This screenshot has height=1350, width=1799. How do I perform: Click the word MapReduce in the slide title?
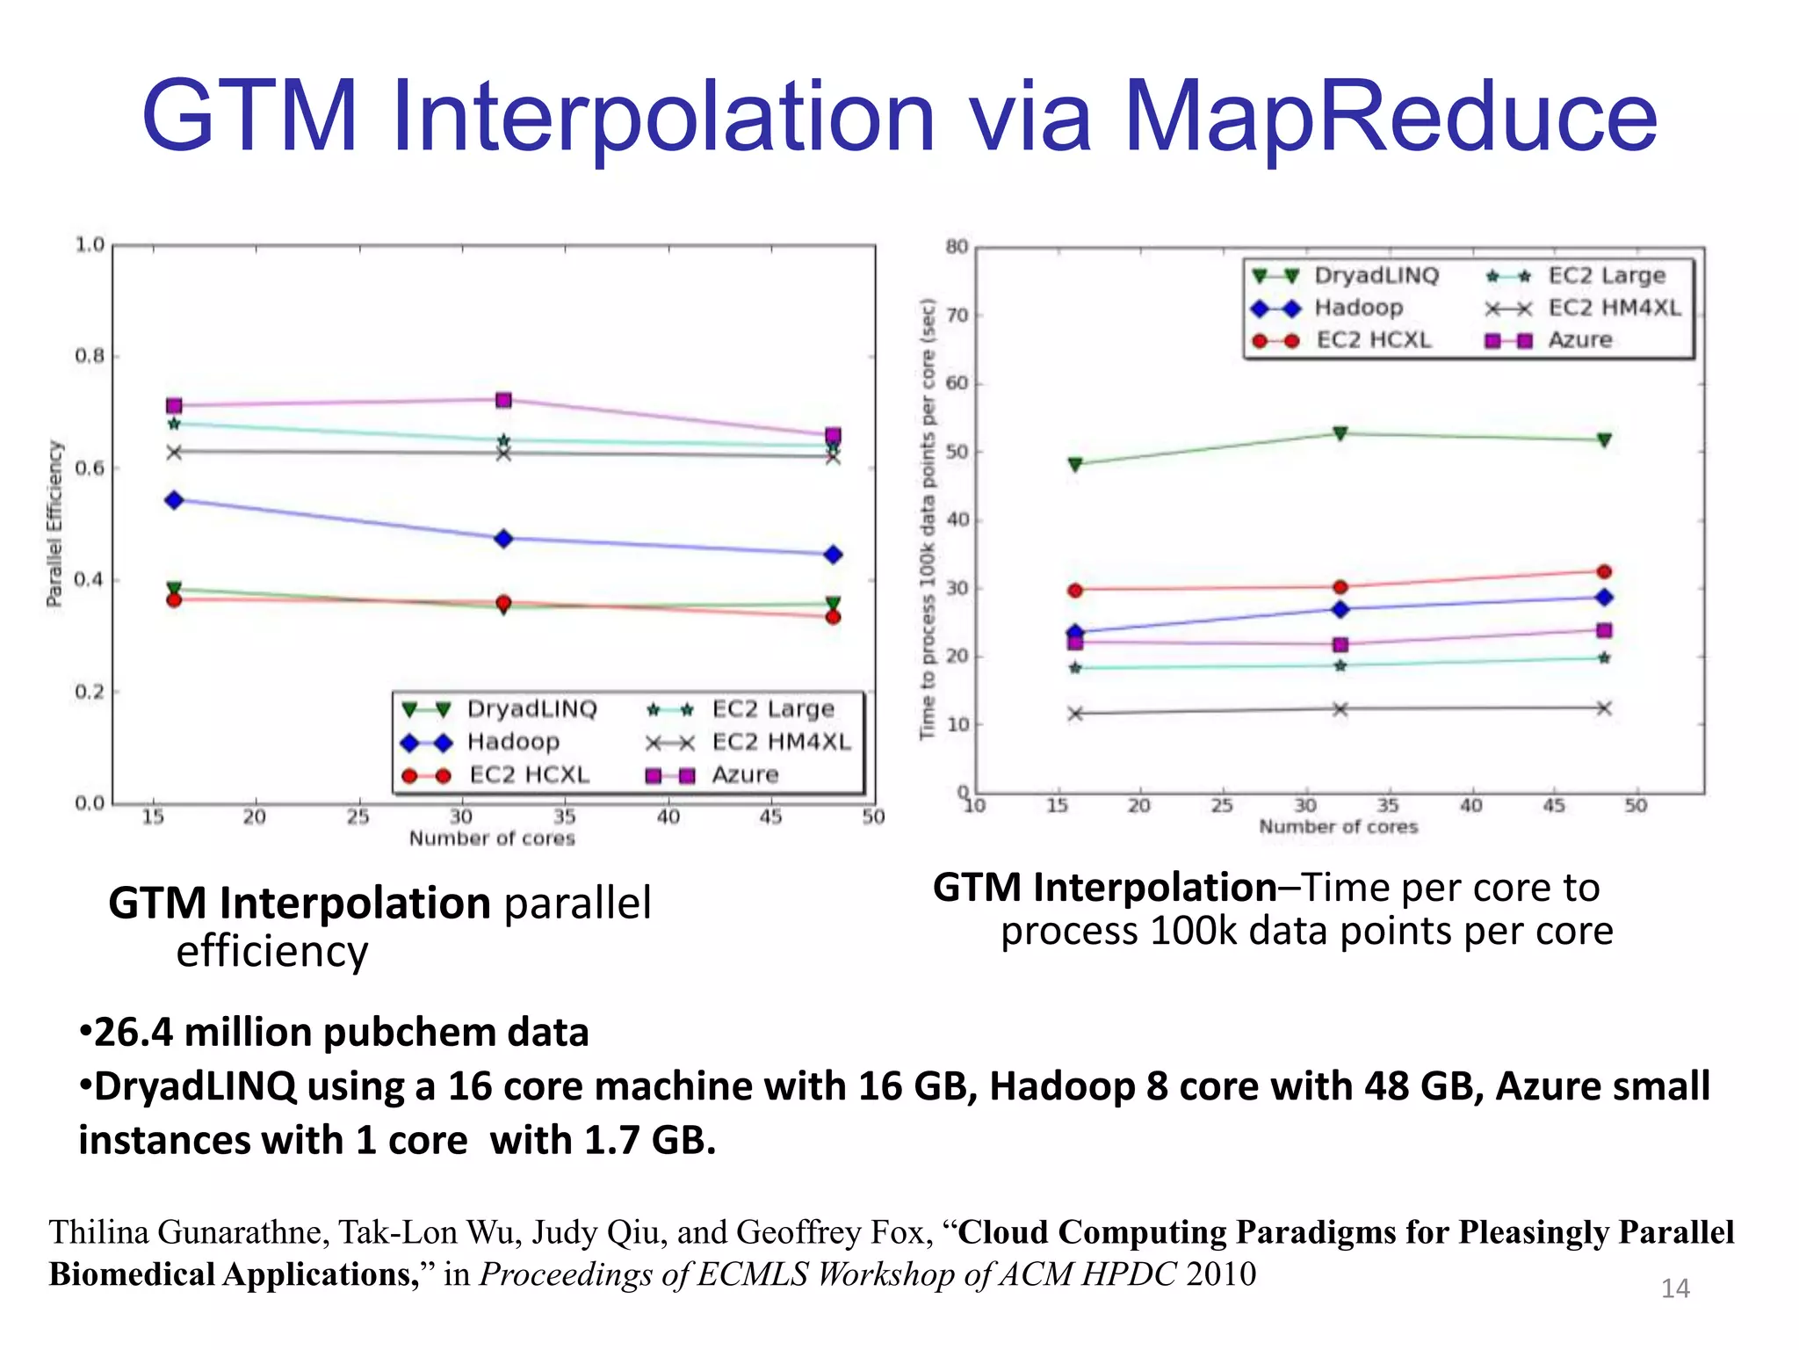(x=1390, y=117)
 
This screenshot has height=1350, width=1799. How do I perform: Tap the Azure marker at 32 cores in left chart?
(x=503, y=401)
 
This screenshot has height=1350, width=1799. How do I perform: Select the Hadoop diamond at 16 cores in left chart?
(x=174, y=500)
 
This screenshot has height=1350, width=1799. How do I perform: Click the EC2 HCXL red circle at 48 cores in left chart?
(x=834, y=617)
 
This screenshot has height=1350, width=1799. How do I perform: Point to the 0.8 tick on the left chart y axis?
(x=89, y=356)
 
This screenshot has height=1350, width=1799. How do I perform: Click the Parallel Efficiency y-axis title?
(x=54, y=524)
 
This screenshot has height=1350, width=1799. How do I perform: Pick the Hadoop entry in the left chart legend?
(x=512, y=742)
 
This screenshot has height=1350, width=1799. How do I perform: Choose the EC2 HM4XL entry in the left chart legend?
(x=781, y=743)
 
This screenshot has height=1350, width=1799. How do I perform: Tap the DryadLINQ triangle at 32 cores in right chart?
(x=1340, y=433)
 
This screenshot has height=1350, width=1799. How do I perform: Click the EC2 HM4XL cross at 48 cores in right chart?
(x=1604, y=708)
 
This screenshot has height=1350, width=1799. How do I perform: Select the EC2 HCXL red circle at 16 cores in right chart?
(x=1075, y=591)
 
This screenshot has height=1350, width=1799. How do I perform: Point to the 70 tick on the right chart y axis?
(x=957, y=315)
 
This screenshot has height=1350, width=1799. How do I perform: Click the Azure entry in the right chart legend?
(x=1579, y=340)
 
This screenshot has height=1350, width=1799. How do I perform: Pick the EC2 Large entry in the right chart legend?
(x=1606, y=276)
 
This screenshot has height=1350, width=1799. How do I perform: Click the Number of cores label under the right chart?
(x=1338, y=827)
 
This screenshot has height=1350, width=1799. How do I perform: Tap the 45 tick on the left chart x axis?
(x=770, y=817)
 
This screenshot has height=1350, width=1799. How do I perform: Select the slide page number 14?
(x=1675, y=1288)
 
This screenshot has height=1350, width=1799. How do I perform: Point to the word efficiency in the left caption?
(x=272, y=952)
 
